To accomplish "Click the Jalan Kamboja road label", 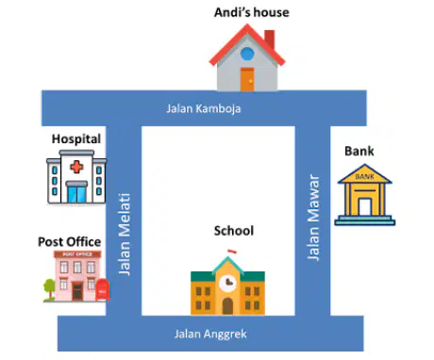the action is tap(204, 108).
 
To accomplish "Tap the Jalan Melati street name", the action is tap(125, 235).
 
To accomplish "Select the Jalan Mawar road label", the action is tap(313, 217).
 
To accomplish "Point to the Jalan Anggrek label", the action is tap(210, 334).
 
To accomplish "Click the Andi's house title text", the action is tap(252, 12).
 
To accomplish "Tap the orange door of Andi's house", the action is tap(247, 79).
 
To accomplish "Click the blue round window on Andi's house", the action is tap(247, 54).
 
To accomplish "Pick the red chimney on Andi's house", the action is tap(270, 40).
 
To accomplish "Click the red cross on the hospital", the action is tap(76, 167).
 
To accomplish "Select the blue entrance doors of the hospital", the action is tap(76, 194).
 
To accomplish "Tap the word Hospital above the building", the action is tap(76, 139).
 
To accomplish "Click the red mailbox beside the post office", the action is tap(103, 289).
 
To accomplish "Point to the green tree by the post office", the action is tap(49, 289).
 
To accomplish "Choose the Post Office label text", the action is tap(70, 242).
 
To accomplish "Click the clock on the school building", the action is tap(227, 284).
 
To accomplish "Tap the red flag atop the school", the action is tap(232, 251).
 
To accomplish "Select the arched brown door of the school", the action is tap(227, 306).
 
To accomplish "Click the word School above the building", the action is tap(234, 231).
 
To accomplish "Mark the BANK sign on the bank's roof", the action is tap(365, 176).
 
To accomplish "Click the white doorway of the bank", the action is tap(365, 206).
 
